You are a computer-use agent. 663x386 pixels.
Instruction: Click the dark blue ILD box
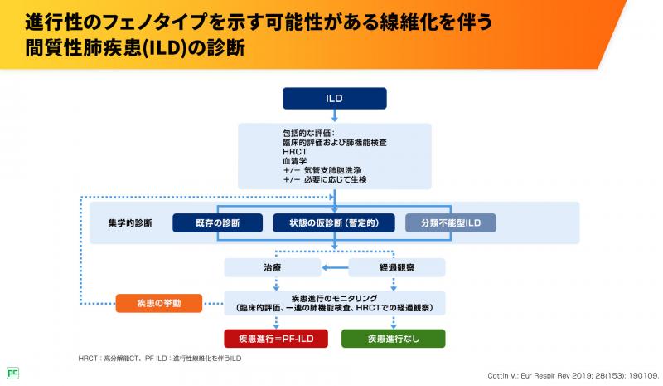click(335, 99)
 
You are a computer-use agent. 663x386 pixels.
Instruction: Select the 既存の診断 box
click(217, 223)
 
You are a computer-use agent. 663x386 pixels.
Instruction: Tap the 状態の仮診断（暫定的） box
click(334, 223)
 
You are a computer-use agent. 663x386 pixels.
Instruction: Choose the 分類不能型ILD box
click(451, 223)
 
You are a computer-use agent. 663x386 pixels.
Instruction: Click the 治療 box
click(273, 267)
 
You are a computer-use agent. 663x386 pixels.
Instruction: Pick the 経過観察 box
click(395, 267)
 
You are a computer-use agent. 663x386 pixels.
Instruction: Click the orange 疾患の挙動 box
click(158, 302)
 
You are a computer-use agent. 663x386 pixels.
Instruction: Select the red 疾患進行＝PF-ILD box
click(276, 338)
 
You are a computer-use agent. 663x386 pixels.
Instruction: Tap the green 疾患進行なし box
click(394, 338)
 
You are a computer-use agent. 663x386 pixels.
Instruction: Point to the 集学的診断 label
click(130, 223)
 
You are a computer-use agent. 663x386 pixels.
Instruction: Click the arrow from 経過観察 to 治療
click(334, 267)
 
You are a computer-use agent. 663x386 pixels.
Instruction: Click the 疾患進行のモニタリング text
click(334, 296)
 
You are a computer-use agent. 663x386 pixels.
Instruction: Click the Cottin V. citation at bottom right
click(583, 374)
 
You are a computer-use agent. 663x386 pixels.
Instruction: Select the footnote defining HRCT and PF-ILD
click(160, 358)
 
